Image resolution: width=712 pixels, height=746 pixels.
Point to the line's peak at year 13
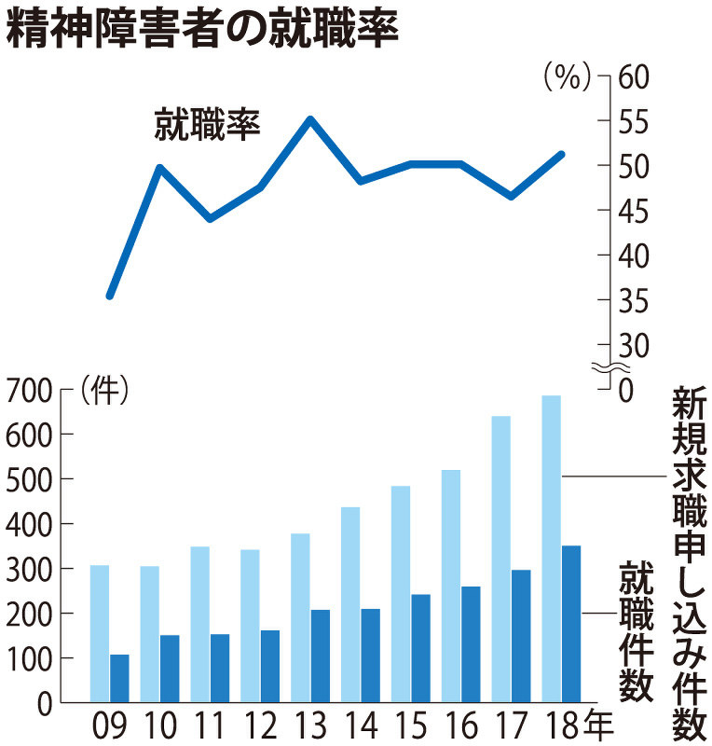pos(310,119)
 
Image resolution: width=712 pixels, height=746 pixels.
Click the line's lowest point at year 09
pos(110,296)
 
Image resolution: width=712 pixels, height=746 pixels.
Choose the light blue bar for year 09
pos(100,633)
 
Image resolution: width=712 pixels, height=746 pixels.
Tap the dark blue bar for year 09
pos(119,678)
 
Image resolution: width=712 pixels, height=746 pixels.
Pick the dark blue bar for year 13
pos(321,656)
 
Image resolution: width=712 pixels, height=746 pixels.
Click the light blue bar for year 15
pos(401,593)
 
